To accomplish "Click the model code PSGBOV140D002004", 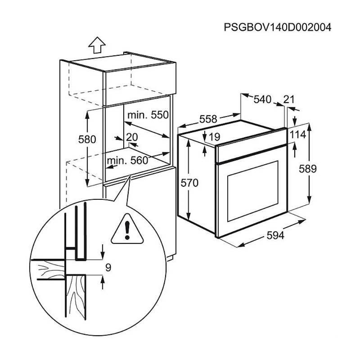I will (277, 27).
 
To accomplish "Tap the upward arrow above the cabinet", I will (96, 45).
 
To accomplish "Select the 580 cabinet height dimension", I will (87, 139).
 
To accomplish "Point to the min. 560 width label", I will (127, 161).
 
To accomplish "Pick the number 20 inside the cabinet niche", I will (132, 137).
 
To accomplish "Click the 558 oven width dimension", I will (208, 119).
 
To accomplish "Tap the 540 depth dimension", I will (262, 100).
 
